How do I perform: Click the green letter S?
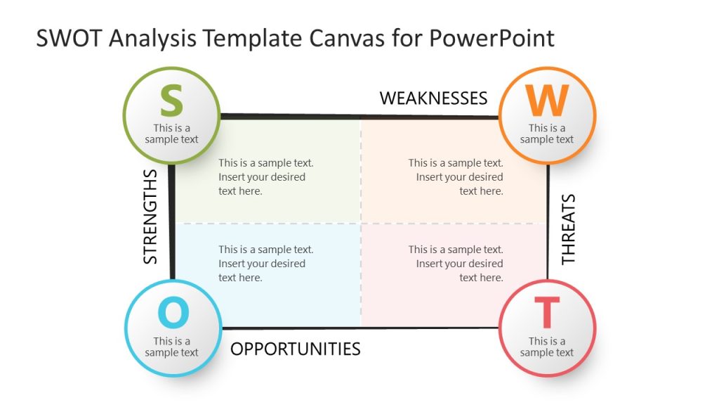click(171, 101)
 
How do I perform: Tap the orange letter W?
click(547, 101)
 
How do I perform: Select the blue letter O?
click(173, 313)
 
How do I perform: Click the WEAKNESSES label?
click(433, 98)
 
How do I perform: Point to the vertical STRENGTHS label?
click(150, 216)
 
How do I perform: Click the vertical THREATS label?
click(568, 229)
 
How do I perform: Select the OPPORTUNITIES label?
click(296, 348)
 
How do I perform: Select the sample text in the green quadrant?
click(265, 176)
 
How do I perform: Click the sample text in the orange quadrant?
click(456, 176)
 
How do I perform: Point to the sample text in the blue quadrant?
click(265, 263)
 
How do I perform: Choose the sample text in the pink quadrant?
click(456, 263)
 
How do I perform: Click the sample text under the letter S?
click(172, 134)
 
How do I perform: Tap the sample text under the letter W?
click(547, 134)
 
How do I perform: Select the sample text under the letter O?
click(172, 347)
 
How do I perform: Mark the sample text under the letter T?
click(547, 347)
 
